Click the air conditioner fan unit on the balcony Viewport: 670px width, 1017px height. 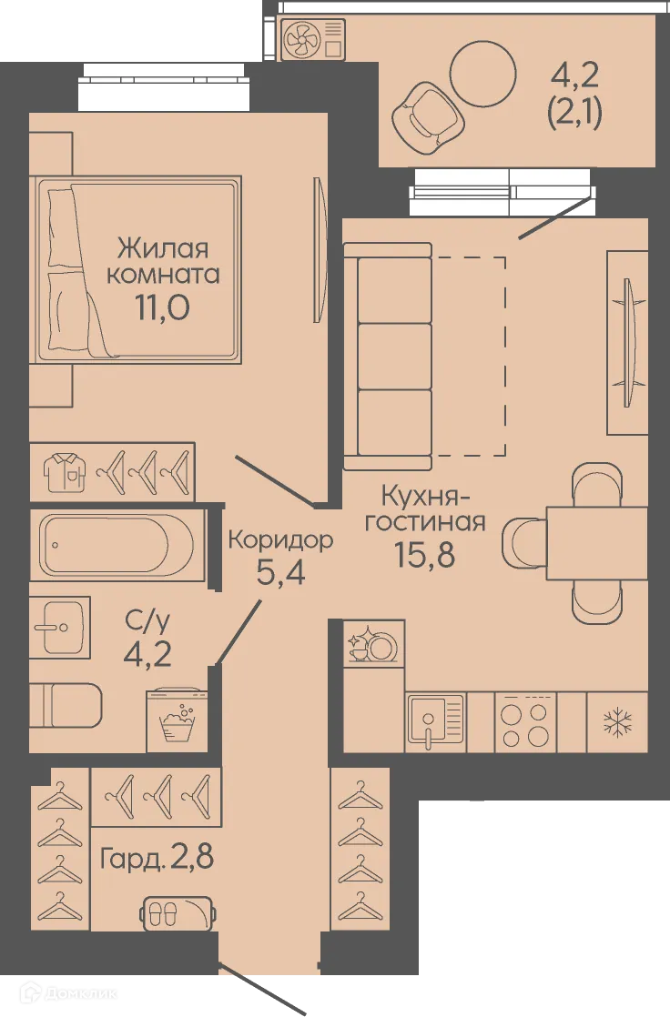tap(314, 41)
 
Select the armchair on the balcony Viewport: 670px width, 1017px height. tap(424, 116)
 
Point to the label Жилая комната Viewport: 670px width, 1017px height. tap(163, 261)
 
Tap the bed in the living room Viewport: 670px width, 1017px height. tap(137, 268)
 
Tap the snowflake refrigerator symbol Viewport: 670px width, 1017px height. tap(617, 723)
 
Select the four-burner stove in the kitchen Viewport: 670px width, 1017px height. tap(525, 723)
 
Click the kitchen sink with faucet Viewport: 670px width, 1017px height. tap(435, 723)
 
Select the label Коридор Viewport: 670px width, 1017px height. tap(280, 539)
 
